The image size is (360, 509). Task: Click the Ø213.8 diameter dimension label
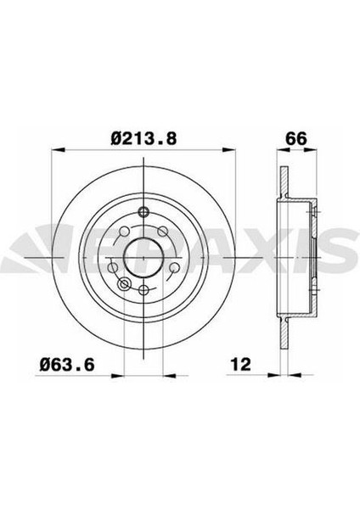pyautogui.click(x=143, y=138)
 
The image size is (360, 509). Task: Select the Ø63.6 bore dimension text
pyautogui.click(x=66, y=365)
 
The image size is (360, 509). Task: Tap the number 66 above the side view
pyautogui.click(x=296, y=139)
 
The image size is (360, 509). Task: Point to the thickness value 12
pyautogui.click(x=241, y=365)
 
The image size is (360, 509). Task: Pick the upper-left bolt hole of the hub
pyautogui.click(x=125, y=232)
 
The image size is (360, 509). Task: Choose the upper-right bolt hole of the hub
pyautogui.click(x=163, y=232)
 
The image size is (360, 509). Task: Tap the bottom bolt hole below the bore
pyautogui.click(x=143, y=290)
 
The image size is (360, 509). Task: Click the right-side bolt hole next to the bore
pyautogui.click(x=175, y=267)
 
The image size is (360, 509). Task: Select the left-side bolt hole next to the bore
pyautogui.click(x=112, y=268)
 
